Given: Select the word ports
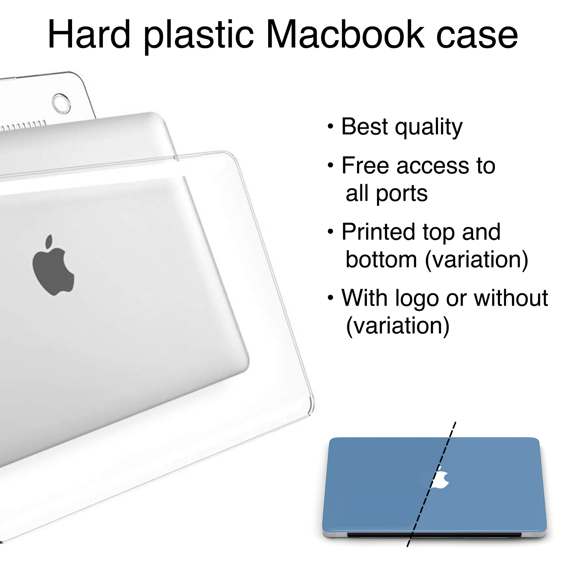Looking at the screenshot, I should click(x=401, y=194).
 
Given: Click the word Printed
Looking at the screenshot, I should click(x=379, y=232).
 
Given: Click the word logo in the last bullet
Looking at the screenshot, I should click(x=417, y=299).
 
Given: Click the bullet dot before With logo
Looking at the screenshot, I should click(x=330, y=298).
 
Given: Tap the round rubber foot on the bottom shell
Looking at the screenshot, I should click(x=61, y=103).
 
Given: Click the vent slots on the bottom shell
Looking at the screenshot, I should click(x=24, y=125).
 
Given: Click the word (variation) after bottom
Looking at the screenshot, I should click(x=476, y=260).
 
